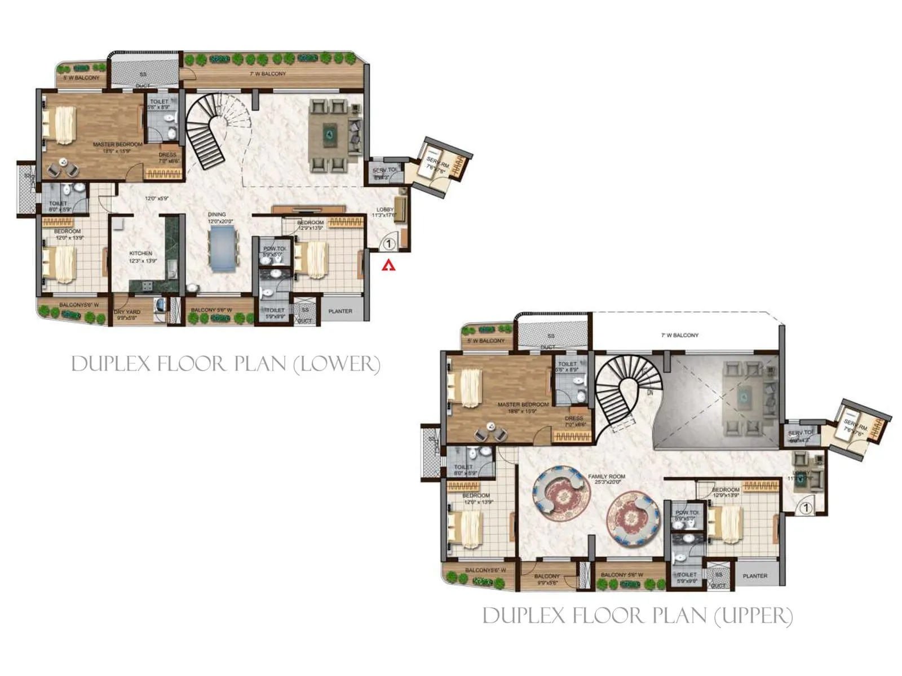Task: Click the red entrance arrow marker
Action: coord(388,265)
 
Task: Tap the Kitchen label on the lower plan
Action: coord(140,253)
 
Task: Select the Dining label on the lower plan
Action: coord(216,215)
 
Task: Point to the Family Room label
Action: coord(607,477)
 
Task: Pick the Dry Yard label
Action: coord(127,312)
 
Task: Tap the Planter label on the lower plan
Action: coord(340,311)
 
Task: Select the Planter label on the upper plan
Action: coord(755,576)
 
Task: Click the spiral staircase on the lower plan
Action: coord(211,130)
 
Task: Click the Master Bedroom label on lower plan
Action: coord(118,145)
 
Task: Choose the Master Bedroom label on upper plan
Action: coord(523,404)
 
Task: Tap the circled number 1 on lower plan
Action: coord(388,244)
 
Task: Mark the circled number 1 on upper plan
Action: coord(806,508)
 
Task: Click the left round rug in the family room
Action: coord(561,491)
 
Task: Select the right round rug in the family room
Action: coord(633,518)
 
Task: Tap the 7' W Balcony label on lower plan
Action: coord(268,74)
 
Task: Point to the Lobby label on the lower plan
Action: coord(385,210)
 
